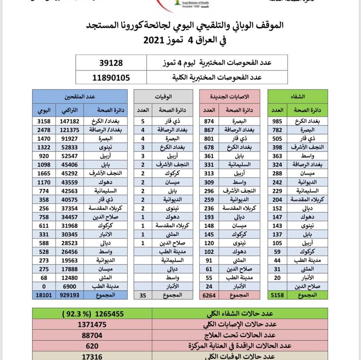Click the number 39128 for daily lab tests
pyautogui.click(x=111, y=63)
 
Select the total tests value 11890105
pyautogui.click(x=111, y=77)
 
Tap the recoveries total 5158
pyautogui.click(x=277, y=295)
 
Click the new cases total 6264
pyautogui.click(x=209, y=295)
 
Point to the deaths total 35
pyautogui.click(x=143, y=295)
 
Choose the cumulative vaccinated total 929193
pyautogui.click(x=70, y=295)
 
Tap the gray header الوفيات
pyautogui.click(x=163, y=96)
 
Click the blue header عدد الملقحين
pyautogui.click(x=80, y=96)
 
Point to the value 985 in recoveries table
pyautogui.click(x=277, y=121)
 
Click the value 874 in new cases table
pyautogui.click(x=209, y=121)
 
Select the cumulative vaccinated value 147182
pyautogui.click(x=70, y=121)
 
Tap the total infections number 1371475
pyautogui.click(x=92, y=324)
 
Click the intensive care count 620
pyautogui.click(x=92, y=346)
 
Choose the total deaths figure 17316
pyautogui.click(x=92, y=356)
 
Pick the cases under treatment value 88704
pyautogui.click(x=92, y=335)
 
